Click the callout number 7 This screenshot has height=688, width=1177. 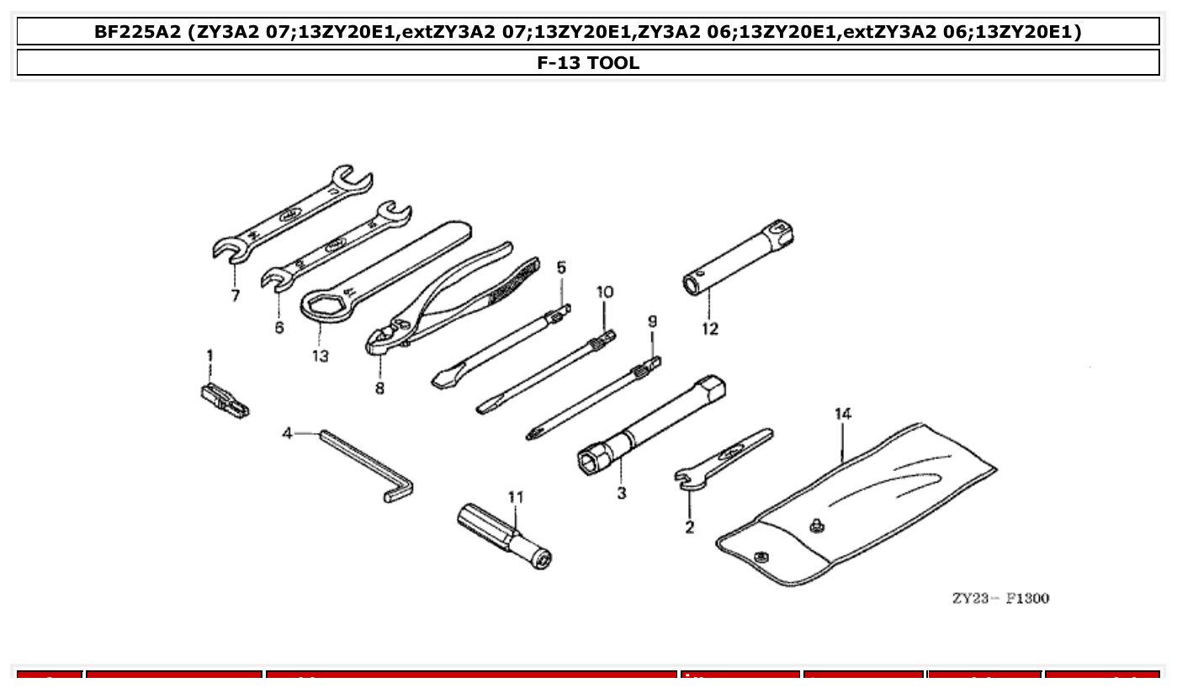pos(235,295)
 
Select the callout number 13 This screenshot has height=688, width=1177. pos(320,356)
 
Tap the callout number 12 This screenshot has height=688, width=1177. pos(710,329)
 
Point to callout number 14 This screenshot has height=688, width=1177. pos(842,414)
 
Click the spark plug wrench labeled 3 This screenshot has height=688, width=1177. pos(652,424)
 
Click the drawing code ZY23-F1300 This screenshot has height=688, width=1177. pos(1000,598)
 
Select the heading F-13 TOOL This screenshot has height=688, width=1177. pos(588,62)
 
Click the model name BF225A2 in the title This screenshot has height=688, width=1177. pos(137,32)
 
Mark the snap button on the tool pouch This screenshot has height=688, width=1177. pos(814,527)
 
